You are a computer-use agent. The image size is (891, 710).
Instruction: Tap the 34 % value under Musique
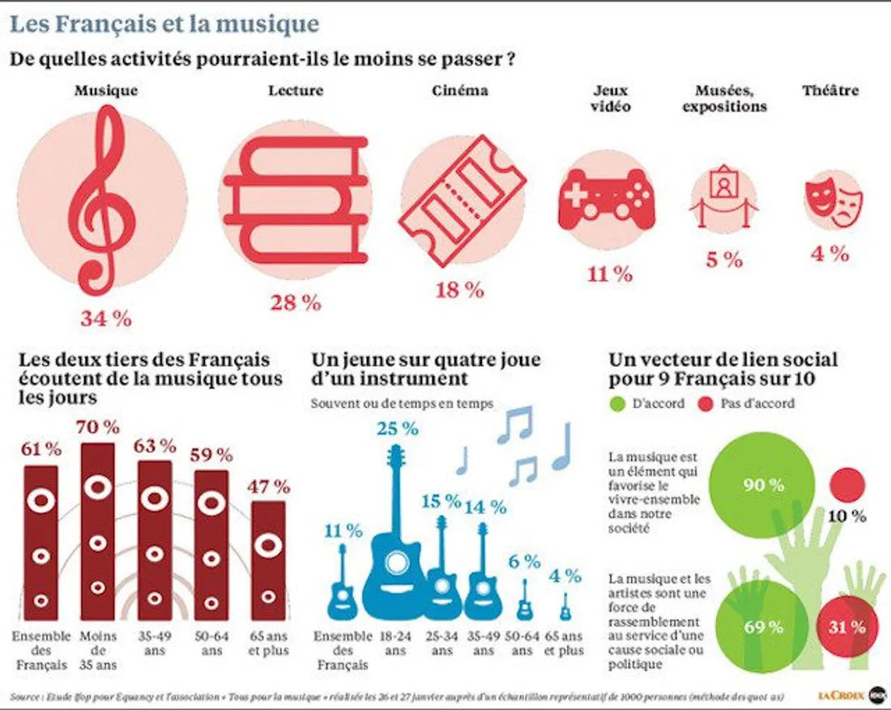click(x=105, y=318)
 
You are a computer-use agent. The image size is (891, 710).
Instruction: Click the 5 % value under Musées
click(x=723, y=260)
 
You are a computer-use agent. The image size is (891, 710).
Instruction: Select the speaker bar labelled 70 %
click(x=98, y=529)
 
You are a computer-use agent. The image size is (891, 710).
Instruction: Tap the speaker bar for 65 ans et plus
click(x=268, y=559)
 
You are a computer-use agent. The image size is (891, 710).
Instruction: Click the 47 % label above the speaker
click(x=269, y=487)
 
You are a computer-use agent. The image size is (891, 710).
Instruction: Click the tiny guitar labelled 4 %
click(x=565, y=607)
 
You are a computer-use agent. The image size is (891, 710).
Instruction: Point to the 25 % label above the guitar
click(x=397, y=428)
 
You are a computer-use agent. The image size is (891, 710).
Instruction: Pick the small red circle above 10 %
click(x=847, y=485)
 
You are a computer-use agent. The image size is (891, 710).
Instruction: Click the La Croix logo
click(x=841, y=695)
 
